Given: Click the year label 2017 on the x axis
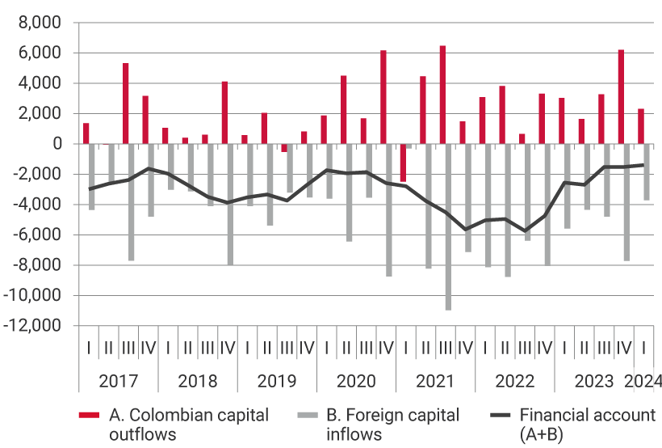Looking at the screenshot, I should pyautogui.click(x=118, y=381).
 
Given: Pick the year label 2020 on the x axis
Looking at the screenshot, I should pyautogui.click(x=356, y=381).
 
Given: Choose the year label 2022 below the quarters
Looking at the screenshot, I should pyautogui.click(x=515, y=381).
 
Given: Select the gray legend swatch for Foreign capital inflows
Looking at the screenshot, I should pyautogui.click(x=307, y=416).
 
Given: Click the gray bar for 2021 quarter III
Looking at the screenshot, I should pyautogui.click(x=448, y=226).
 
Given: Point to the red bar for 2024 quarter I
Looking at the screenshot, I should pyautogui.click(x=641, y=126).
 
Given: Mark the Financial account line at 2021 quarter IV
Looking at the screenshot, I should pyautogui.click(x=465, y=230).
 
